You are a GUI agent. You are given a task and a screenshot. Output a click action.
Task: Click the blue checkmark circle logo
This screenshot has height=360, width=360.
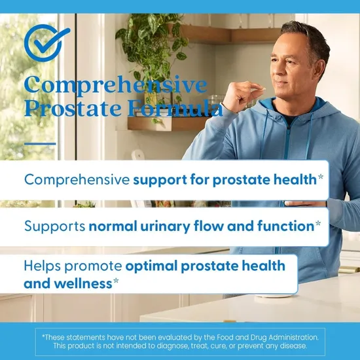tap(46, 43)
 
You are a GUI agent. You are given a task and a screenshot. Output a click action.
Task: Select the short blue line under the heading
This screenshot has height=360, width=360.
tap(40, 143)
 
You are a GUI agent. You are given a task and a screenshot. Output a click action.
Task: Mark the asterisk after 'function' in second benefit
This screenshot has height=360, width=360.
tap(317, 225)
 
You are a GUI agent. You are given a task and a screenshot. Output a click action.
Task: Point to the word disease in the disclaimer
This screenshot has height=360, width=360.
tap(291, 345)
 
